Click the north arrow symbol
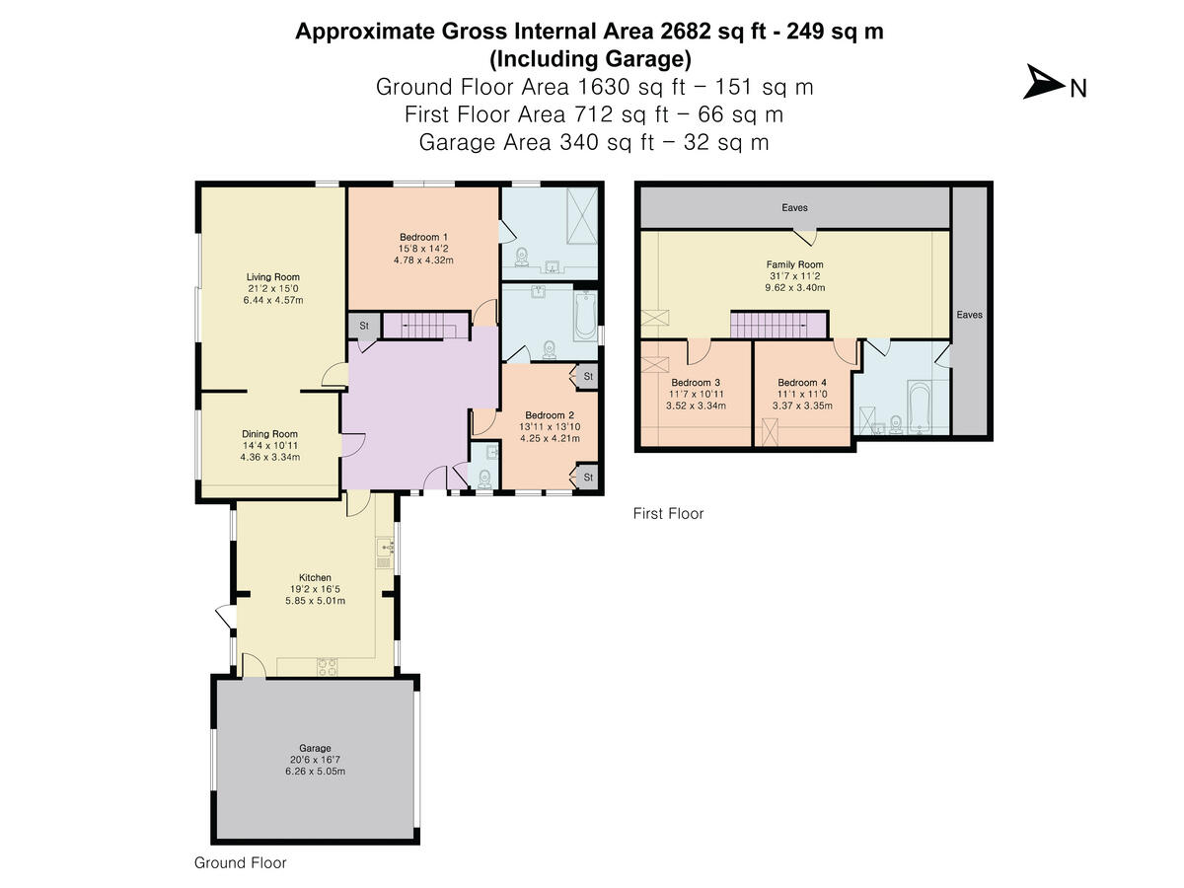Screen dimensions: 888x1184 [x=1040, y=83]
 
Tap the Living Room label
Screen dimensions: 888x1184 [x=273, y=277]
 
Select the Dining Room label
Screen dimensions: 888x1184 [x=269, y=434]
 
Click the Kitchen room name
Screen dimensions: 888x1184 [x=315, y=578]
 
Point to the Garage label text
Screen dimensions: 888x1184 [x=315, y=748]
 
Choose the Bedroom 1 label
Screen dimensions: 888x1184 [x=424, y=237]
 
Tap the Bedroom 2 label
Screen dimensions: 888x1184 [x=544, y=415]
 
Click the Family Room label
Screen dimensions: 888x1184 [x=794, y=264]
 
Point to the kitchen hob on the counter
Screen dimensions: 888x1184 [x=327, y=666]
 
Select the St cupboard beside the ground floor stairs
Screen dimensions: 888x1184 [x=362, y=326]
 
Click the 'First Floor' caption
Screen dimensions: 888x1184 [x=668, y=513]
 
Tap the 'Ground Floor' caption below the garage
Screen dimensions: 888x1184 [x=241, y=862]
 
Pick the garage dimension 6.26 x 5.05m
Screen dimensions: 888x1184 [x=315, y=772]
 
